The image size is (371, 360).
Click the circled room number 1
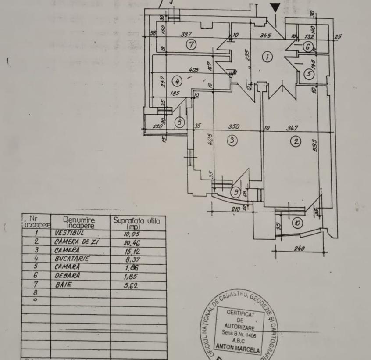(267, 56)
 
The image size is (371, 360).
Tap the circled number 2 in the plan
(296, 141)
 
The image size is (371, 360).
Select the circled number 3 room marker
(232, 140)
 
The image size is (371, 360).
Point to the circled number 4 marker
(177, 81)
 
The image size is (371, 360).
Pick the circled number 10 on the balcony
(297, 223)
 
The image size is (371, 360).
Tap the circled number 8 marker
(179, 122)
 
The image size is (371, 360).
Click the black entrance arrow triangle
(275, 7)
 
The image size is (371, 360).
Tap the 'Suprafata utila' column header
(136, 223)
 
